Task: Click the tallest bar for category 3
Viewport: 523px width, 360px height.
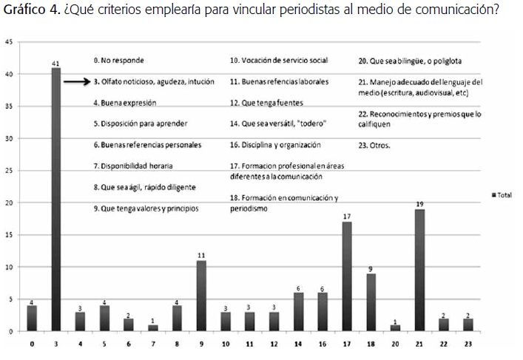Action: click(55, 200)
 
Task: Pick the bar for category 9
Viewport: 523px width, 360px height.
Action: click(200, 296)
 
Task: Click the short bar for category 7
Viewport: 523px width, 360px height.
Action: click(152, 327)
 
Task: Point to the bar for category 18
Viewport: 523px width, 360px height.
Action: click(370, 302)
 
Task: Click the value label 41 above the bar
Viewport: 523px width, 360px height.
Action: click(55, 64)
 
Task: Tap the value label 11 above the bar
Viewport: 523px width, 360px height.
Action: click(200, 256)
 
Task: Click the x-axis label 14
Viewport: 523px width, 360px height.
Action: click(297, 344)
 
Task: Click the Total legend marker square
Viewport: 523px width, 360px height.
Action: click(493, 194)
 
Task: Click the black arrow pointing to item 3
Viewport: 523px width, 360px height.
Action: click(76, 82)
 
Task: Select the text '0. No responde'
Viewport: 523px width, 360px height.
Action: click(118, 60)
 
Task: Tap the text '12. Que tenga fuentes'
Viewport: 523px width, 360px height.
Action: click(266, 103)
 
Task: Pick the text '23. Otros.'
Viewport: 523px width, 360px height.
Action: click(374, 146)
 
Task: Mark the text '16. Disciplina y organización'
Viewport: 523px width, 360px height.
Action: click(275, 146)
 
